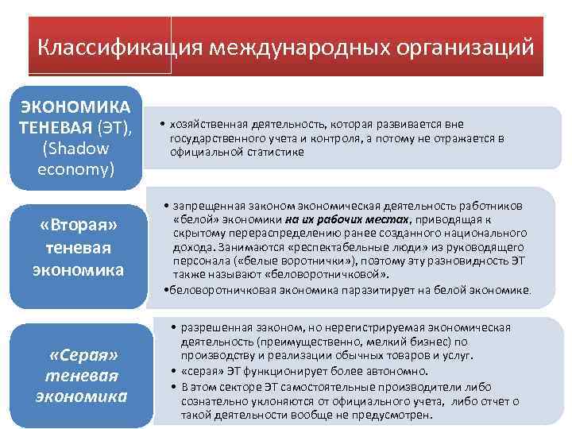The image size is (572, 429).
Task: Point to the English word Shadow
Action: (77, 149)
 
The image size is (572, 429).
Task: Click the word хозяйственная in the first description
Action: (204, 125)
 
